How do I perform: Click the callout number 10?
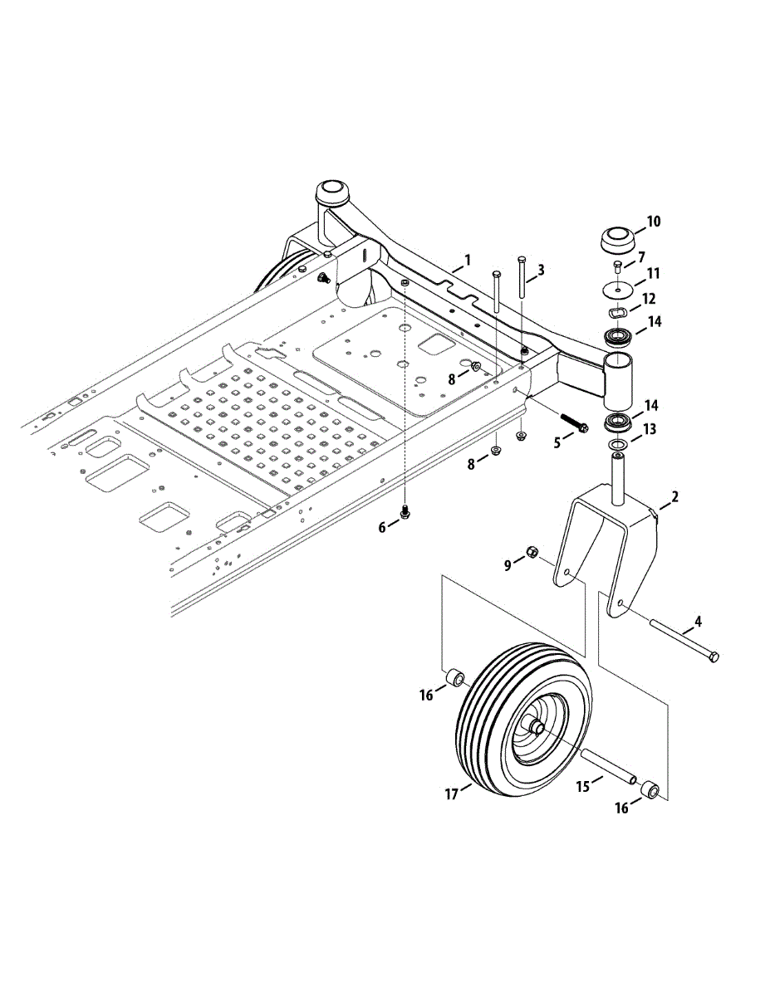(653, 222)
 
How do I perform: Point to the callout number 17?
(452, 794)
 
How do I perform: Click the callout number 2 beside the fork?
(674, 497)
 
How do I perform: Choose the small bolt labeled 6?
(405, 513)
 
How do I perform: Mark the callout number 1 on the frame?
(467, 260)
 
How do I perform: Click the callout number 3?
(541, 270)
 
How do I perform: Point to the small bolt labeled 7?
(617, 266)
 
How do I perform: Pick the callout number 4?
(698, 621)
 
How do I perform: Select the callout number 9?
(508, 566)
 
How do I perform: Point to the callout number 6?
(383, 528)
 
